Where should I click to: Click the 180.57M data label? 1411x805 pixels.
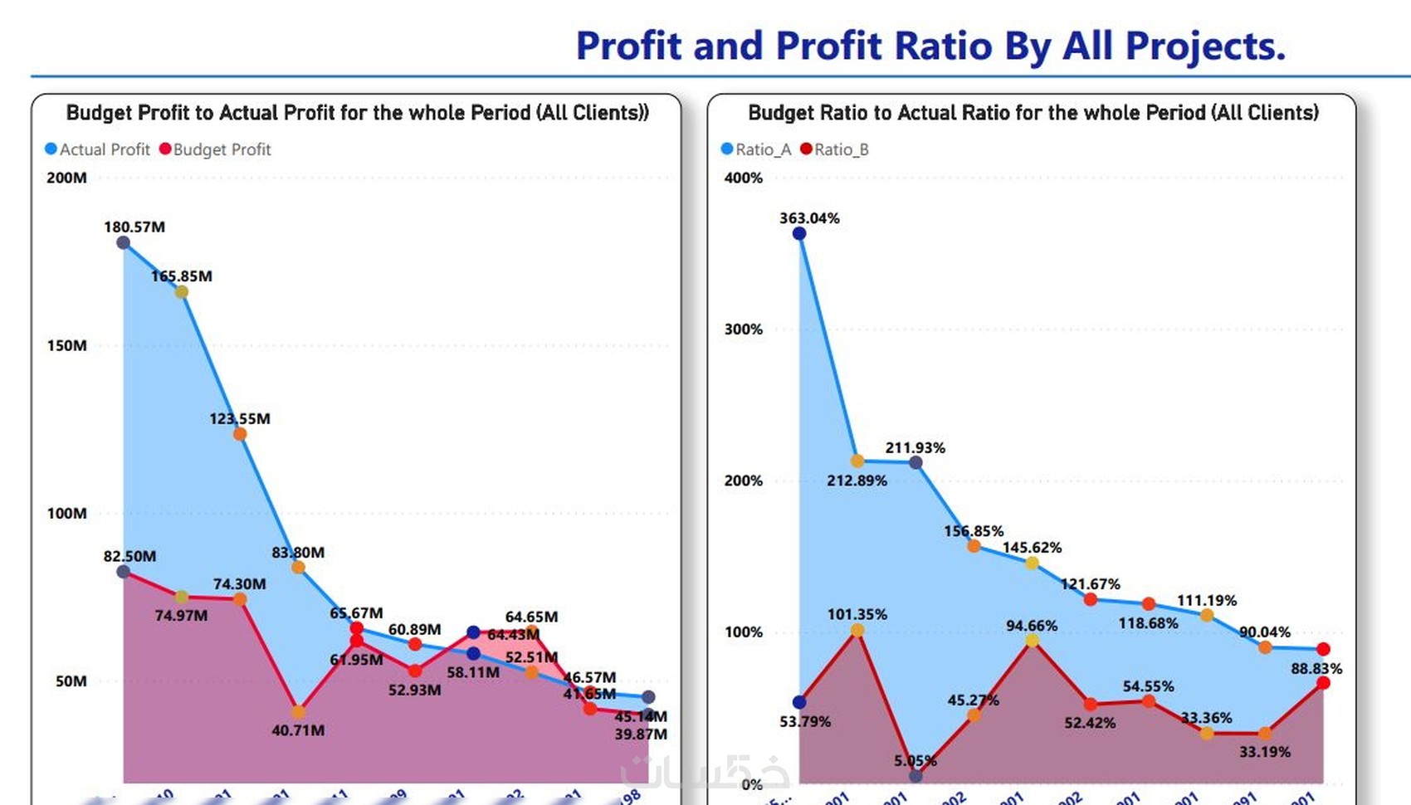click(134, 227)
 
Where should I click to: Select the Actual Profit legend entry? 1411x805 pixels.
click(97, 149)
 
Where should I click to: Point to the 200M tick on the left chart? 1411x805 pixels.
click(66, 178)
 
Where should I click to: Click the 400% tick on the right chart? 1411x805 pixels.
click(743, 178)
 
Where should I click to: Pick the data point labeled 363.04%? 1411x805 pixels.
click(799, 234)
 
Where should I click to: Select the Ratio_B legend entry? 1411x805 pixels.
click(834, 149)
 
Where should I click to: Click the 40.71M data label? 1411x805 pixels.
click(298, 730)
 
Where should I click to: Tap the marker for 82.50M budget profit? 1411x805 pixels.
click(124, 572)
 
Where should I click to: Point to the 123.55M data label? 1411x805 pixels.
click(240, 418)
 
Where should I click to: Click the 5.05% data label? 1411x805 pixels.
click(915, 761)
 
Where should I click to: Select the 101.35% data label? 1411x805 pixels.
click(857, 614)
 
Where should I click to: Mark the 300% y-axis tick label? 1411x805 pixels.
click(743, 329)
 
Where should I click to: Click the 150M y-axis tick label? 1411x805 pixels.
click(66, 345)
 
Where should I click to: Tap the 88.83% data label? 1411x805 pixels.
click(1316, 668)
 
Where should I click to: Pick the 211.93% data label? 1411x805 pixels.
click(915, 447)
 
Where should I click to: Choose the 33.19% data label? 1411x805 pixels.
click(1265, 752)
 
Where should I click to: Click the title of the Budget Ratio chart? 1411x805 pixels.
click(1033, 113)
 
